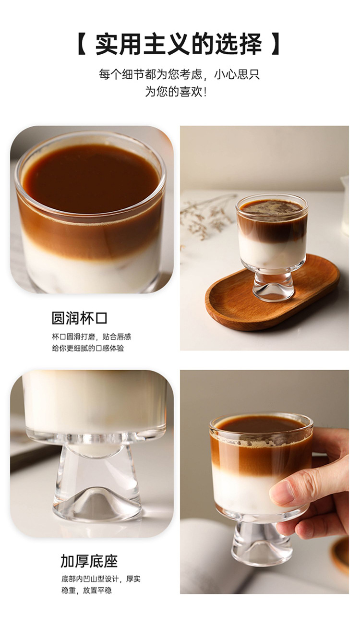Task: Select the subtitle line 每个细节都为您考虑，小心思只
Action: (x=179, y=75)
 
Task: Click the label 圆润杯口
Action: (x=79, y=318)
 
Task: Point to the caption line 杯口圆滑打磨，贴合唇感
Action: (x=91, y=337)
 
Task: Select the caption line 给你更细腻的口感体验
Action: (x=88, y=349)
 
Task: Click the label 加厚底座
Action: (x=89, y=561)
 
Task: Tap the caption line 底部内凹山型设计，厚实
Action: (x=101, y=579)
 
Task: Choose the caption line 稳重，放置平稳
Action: (x=86, y=591)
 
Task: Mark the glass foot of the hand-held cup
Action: (x=261, y=547)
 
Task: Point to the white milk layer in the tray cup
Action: (x=271, y=251)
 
